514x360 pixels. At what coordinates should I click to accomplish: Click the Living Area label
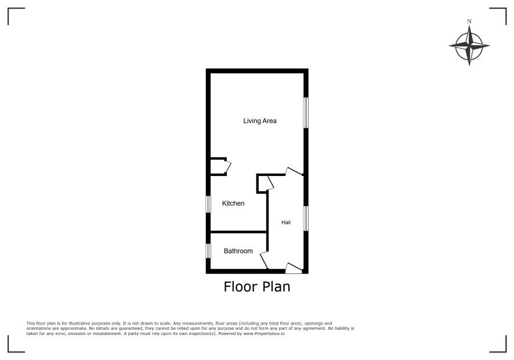(x=260, y=121)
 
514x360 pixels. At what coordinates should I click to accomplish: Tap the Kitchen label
(x=233, y=203)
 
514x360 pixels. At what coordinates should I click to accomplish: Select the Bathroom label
(x=238, y=251)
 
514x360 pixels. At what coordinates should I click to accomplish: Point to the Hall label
(x=286, y=222)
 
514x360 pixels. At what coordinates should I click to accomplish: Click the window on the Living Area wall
(x=306, y=113)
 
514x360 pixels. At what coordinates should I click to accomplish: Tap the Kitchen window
(x=208, y=204)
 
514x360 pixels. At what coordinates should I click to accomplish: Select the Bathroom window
(x=208, y=251)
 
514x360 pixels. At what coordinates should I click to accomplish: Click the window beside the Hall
(x=306, y=218)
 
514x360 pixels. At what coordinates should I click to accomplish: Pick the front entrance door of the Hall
(x=294, y=268)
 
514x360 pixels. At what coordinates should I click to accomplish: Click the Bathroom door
(x=264, y=260)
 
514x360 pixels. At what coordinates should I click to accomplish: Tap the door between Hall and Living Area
(x=294, y=171)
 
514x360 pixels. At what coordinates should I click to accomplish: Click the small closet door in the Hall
(x=270, y=183)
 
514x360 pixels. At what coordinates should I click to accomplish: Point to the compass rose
(x=469, y=46)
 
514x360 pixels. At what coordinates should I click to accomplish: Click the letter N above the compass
(x=469, y=21)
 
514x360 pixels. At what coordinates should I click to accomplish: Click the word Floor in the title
(x=241, y=286)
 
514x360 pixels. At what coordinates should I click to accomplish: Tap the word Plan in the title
(x=276, y=286)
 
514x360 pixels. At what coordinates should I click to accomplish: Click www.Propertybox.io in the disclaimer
(x=264, y=333)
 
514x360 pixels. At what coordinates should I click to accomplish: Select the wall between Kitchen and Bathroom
(x=238, y=232)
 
